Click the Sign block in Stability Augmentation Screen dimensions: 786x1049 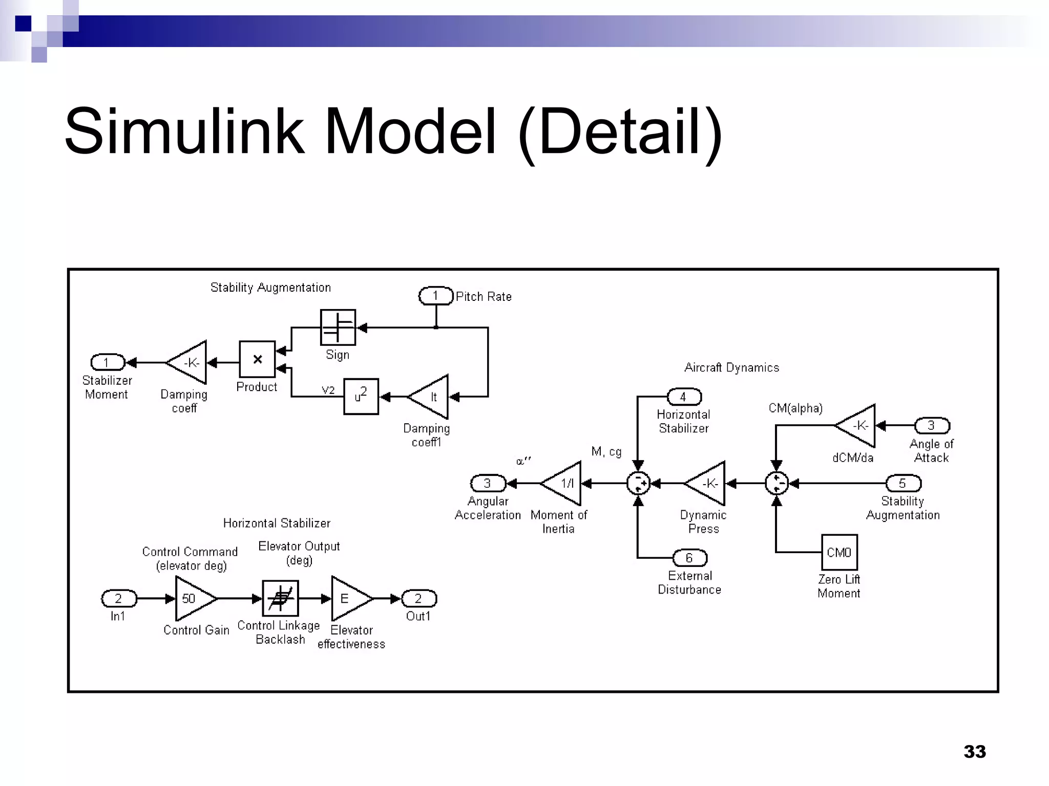click(338, 327)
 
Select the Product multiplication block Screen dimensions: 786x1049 click(257, 360)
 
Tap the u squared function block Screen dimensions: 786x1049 click(361, 397)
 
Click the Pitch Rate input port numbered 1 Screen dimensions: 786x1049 click(436, 296)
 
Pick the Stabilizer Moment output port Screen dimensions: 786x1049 click(108, 362)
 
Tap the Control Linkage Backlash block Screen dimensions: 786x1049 click(280, 598)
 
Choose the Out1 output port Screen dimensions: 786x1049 click(418, 598)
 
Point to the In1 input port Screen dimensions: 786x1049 click(119, 598)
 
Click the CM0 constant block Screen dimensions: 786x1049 click(839, 552)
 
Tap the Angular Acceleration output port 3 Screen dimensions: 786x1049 click(488, 483)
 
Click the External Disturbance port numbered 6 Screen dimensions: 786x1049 click(689, 558)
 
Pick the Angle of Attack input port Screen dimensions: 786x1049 click(932, 426)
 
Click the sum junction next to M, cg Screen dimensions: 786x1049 click(638, 483)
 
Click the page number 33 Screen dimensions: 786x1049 click(974, 752)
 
